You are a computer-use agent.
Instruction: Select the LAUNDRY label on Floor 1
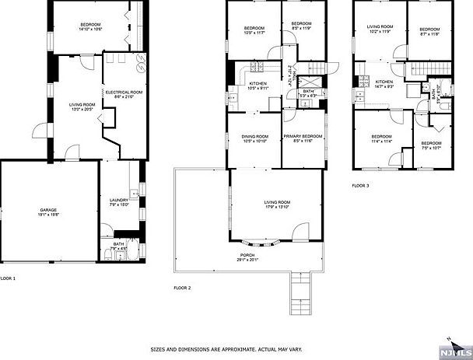(119, 201)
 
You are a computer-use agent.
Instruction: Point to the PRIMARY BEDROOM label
(303, 135)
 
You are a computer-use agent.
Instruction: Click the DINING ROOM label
(254, 136)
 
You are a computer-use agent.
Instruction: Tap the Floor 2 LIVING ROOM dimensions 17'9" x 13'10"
(276, 207)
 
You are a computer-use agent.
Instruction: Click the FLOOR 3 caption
(360, 186)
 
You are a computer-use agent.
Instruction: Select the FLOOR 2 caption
(182, 287)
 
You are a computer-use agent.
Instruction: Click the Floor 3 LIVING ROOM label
(380, 27)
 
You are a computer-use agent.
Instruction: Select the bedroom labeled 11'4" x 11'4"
(381, 141)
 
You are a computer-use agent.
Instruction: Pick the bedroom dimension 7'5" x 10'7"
(430, 147)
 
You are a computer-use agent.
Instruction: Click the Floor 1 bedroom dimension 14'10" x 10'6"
(92, 30)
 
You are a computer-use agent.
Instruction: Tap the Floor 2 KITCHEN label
(258, 83)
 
